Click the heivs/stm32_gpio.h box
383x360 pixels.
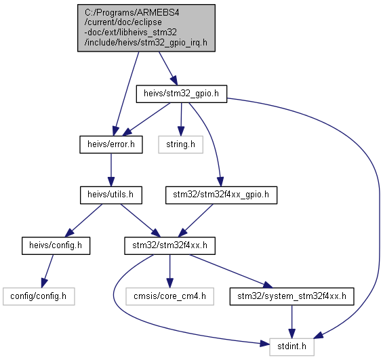[182, 94]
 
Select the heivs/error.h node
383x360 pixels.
[111, 144]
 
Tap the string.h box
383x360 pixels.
[181, 144]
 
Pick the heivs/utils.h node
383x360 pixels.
[111, 195]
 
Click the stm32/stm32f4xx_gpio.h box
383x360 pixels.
[221, 195]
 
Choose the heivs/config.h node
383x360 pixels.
[56, 245]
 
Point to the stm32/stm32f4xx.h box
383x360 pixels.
[169, 245]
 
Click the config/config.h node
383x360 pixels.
[39, 296]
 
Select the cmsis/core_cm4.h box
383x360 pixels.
[169, 296]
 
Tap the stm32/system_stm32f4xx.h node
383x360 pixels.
[292, 296]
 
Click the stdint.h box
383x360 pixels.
[292, 347]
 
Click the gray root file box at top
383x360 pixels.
[146, 28]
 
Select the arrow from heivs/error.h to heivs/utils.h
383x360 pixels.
[111, 170]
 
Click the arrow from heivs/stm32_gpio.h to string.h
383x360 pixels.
[181, 119]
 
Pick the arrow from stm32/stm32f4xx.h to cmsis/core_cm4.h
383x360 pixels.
[169, 271]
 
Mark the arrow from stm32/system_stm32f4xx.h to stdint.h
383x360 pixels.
[292, 321]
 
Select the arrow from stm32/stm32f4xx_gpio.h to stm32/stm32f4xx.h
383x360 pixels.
[196, 220]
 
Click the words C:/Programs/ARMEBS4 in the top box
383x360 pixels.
[132, 12]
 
